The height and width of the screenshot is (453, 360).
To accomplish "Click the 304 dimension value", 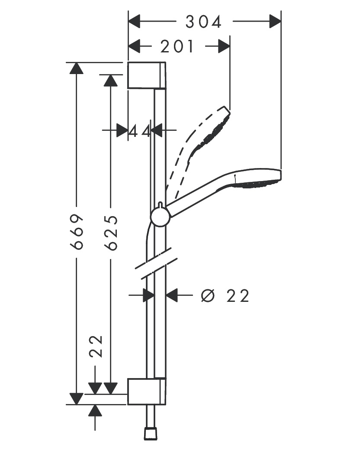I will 203,22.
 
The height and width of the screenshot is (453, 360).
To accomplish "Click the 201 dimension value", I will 177,46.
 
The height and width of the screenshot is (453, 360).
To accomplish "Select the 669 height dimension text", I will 77,232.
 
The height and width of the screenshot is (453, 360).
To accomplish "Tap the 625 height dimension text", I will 111,233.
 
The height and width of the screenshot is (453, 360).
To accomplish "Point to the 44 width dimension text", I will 139,130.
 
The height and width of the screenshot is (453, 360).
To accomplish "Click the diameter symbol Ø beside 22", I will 208,296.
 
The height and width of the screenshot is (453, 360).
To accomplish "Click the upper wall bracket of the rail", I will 146,76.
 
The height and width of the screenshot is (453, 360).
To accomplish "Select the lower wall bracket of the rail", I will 146,392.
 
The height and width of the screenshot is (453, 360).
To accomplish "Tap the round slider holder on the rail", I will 161,216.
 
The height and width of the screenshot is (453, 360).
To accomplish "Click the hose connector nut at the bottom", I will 151,433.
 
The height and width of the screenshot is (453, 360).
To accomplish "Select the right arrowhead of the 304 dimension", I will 275,21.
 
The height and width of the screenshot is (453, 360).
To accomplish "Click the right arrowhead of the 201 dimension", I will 223,46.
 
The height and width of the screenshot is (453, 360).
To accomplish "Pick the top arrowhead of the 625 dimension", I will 111,81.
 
